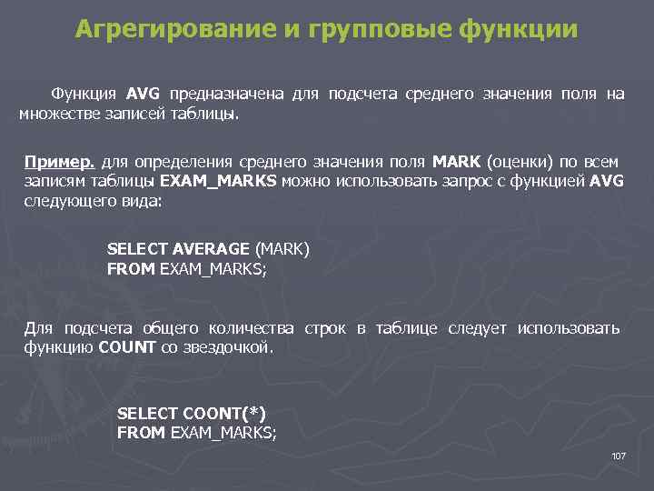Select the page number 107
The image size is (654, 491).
(619, 455)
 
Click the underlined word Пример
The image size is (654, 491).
(59, 162)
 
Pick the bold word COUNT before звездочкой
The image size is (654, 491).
(127, 346)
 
